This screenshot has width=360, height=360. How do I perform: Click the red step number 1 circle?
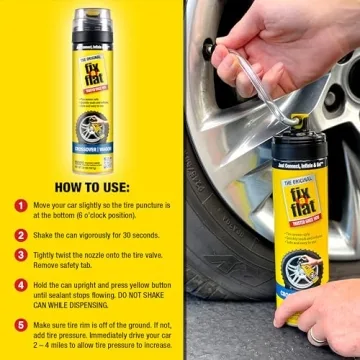(19, 205)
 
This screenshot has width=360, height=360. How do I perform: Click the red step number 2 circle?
(19, 234)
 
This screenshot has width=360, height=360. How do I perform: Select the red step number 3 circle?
(19, 254)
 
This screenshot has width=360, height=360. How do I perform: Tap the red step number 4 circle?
(19, 284)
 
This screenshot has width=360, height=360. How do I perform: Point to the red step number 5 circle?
(19, 323)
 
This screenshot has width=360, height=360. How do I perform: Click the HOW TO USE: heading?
(90, 185)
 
